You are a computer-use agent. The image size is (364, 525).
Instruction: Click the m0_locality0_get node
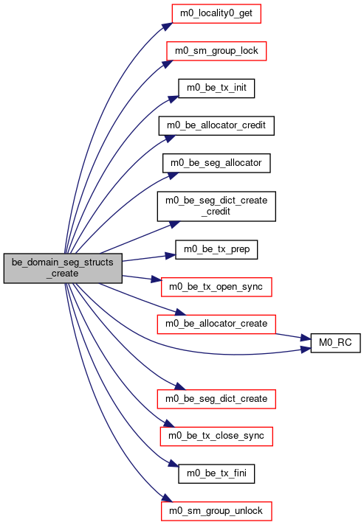click(216, 14)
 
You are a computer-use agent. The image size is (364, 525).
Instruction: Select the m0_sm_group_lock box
click(216, 51)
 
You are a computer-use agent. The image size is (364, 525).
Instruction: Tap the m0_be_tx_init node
click(216, 88)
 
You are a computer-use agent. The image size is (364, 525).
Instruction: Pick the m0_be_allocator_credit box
click(216, 126)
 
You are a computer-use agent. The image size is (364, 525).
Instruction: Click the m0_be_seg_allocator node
click(216, 163)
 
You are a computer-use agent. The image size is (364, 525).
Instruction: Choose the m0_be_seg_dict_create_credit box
click(216, 206)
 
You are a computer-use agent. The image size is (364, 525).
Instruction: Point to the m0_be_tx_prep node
click(216, 249)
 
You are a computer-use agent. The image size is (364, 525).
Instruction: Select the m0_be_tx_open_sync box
click(216, 287)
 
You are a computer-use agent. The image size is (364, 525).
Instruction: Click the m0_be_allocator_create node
click(216, 324)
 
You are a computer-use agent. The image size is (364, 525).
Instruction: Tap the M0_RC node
click(335, 343)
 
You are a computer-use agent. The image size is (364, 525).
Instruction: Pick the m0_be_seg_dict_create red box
click(216, 399)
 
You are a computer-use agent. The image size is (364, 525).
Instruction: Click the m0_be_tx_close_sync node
click(216, 437)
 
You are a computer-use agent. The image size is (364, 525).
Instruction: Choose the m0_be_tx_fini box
click(216, 474)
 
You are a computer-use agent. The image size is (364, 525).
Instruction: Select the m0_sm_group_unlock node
click(216, 511)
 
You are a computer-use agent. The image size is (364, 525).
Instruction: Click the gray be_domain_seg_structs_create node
click(63, 268)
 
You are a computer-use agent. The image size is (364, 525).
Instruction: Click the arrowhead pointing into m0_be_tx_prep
click(171, 256)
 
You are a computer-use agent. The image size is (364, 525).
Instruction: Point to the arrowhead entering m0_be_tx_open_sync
click(157, 279)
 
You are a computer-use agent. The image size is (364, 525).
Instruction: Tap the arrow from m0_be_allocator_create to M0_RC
click(293, 337)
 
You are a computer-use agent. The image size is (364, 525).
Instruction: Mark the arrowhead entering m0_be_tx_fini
click(174, 464)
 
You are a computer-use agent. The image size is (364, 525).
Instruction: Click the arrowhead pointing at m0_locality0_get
click(168, 27)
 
